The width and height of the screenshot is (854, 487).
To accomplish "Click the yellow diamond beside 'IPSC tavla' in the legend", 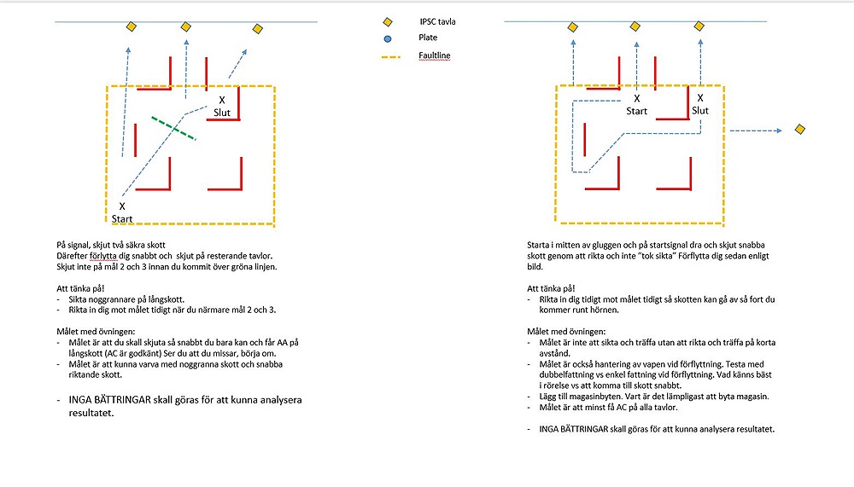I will pos(388,22).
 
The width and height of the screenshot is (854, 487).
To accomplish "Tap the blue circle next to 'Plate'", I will pos(388,38).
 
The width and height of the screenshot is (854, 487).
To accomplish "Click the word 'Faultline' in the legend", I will pos(435,55).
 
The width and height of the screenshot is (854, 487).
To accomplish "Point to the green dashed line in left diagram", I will pos(173,128).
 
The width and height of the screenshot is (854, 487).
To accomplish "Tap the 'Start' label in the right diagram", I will pos(637,111).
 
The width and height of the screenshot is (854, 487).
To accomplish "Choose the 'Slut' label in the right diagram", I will pos(700,111).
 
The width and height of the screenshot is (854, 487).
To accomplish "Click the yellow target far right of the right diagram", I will pos(800,129).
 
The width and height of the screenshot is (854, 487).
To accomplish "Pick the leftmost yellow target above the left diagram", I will pos(132,27).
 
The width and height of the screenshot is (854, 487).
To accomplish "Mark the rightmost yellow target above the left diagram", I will pos(258,29).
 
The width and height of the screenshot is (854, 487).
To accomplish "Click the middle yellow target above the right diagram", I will pos(635,26).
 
